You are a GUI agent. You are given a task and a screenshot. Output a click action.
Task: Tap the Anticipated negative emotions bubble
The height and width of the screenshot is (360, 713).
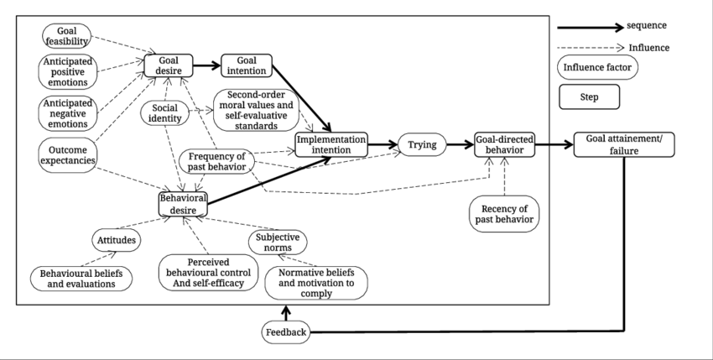pyautogui.click(x=66, y=112)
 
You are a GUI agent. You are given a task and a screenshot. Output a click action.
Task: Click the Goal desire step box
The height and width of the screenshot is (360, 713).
pyautogui.click(x=169, y=65)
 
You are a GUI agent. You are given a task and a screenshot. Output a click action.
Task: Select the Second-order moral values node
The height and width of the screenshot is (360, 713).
pyautogui.click(x=259, y=110)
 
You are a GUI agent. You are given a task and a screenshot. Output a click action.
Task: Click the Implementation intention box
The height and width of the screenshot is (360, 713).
pyautogui.click(x=331, y=144)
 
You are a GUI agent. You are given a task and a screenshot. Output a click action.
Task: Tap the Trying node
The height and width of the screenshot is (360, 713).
pyautogui.click(x=421, y=144)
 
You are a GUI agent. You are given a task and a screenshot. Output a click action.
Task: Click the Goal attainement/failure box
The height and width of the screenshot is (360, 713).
pyautogui.click(x=624, y=144)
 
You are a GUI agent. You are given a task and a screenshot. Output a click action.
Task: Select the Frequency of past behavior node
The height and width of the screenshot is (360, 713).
pyautogui.click(x=216, y=160)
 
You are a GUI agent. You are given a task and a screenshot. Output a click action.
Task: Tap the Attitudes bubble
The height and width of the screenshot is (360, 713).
pyautogui.click(x=115, y=240)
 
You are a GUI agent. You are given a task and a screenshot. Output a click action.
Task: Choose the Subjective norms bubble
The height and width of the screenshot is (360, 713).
pyautogui.click(x=278, y=242)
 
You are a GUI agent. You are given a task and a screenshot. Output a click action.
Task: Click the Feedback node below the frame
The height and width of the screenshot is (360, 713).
pyautogui.click(x=286, y=333)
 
